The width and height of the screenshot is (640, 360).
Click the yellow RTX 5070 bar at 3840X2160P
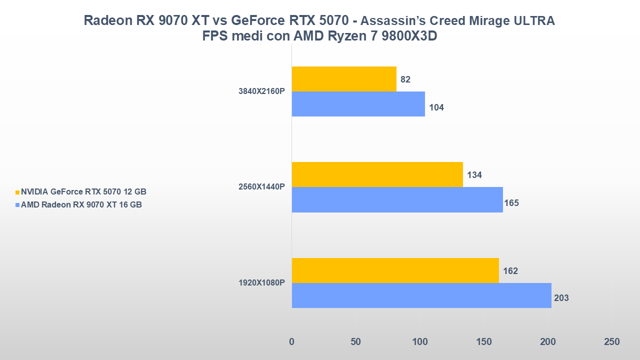pyautogui.click(x=344, y=79)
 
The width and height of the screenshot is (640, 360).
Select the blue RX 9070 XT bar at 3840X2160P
pyautogui.click(x=358, y=104)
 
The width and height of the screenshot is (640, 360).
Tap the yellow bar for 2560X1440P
pyautogui.click(x=377, y=174)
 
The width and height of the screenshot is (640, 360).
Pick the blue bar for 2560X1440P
pyautogui.click(x=397, y=199)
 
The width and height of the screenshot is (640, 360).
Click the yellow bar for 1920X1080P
pyautogui.click(x=395, y=270)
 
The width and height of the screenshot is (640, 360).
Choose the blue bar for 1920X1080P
pyautogui.click(x=421, y=295)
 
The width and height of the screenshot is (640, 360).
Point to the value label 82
pyautogui.click(x=405, y=79)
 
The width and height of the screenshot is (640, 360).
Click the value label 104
pyautogui.click(x=436, y=107)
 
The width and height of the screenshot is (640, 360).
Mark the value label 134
pyautogui.click(x=474, y=175)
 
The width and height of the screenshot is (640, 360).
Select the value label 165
pyautogui.click(x=511, y=203)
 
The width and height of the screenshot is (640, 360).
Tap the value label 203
pyautogui.click(x=561, y=298)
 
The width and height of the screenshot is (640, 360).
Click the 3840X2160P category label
pyautogui.click(x=261, y=91)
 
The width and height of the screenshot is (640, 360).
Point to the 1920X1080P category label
pyautogui.click(x=261, y=283)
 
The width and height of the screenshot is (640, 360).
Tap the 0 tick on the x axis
pyautogui.click(x=292, y=342)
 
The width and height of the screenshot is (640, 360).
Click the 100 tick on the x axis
pyautogui.click(x=419, y=342)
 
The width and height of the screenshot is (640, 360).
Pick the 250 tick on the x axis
pyautogui.click(x=611, y=342)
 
